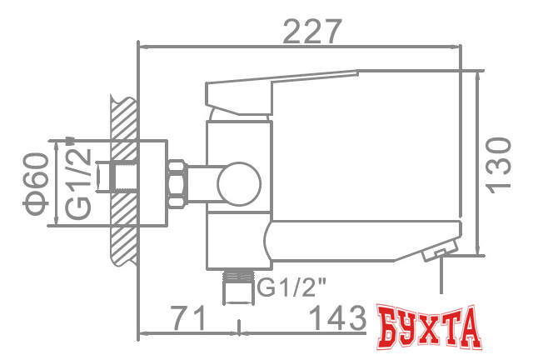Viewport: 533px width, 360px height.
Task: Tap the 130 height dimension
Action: [497, 164]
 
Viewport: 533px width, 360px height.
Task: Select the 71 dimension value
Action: [189, 317]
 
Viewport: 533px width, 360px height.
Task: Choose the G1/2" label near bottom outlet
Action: [291, 287]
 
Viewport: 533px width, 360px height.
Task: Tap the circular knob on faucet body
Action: [238, 183]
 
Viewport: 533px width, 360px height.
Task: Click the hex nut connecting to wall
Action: [178, 182]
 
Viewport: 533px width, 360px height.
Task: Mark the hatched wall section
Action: [122, 179]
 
